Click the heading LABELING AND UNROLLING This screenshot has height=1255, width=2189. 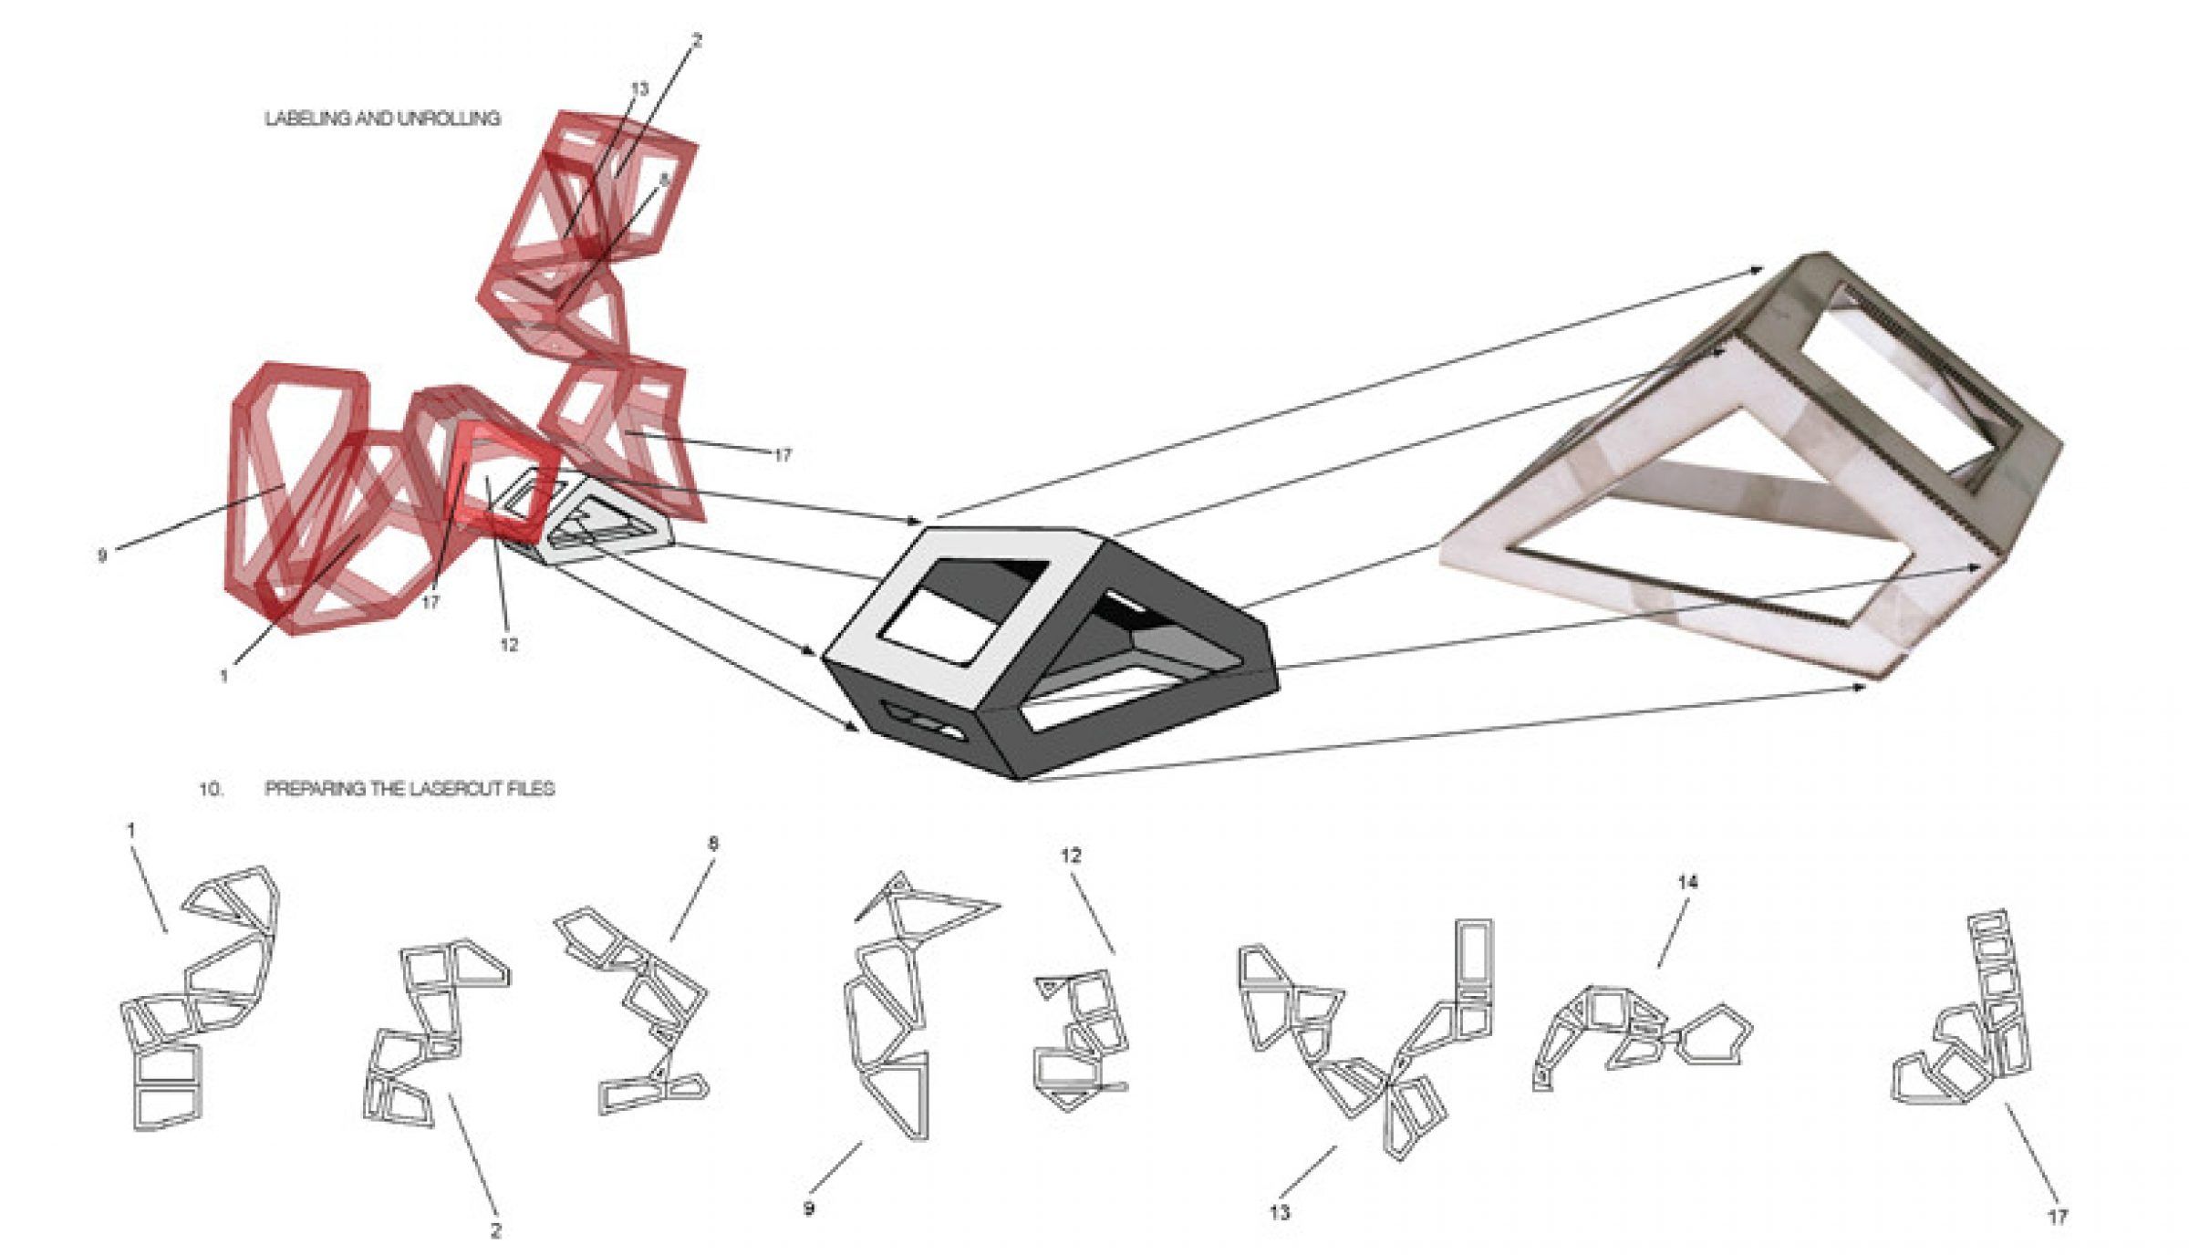(x=382, y=119)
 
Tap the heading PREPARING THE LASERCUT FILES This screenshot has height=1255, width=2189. (x=410, y=788)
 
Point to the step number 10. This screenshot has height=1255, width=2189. (x=211, y=788)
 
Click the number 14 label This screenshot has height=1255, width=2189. (x=1687, y=882)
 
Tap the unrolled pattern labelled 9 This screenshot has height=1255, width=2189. (x=898, y=1003)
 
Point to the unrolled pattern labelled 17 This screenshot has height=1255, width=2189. (x=1970, y=1022)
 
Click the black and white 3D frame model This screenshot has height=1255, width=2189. (x=1049, y=652)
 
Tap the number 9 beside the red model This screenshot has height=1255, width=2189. (x=102, y=555)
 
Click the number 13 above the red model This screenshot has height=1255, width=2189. (x=639, y=88)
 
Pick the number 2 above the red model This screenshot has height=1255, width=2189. (x=697, y=40)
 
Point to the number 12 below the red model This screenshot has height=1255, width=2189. (x=509, y=645)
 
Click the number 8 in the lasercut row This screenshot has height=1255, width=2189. (x=713, y=844)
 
